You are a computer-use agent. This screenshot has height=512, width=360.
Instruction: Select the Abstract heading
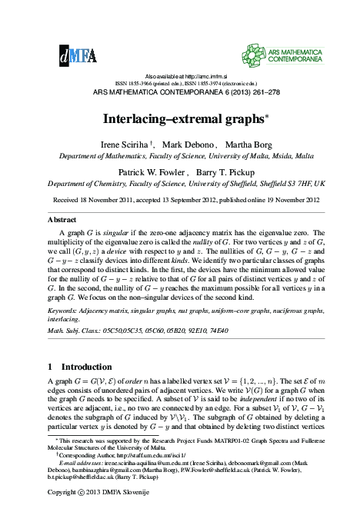62,219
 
